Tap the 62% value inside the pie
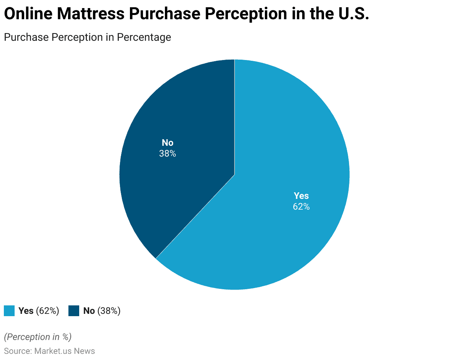tap(301, 207)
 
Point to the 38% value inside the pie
tap(168, 153)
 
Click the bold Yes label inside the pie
tap(301, 196)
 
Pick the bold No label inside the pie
tap(168, 143)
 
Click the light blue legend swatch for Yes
tap(9, 311)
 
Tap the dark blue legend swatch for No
tap(74, 311)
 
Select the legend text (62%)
tap(47, 311)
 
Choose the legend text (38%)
tap(109, 311)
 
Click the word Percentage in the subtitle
tap(144, 37)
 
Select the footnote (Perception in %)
tap(38, 337)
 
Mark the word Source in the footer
tap(17, 351)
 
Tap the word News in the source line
tap(84, 351)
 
